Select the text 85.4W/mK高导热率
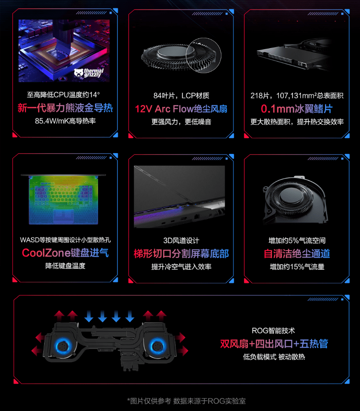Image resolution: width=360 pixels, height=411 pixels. coord(65,121)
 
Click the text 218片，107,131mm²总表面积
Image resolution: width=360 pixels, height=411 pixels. coord(297,95)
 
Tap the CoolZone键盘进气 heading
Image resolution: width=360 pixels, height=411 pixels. coord(65,253)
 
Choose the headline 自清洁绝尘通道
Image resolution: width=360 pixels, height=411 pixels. coord(297,254)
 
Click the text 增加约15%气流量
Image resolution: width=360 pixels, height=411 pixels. coord(297,266)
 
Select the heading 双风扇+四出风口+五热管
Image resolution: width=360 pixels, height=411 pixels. coord(274,344)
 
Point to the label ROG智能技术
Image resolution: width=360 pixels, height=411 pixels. coord(274,331)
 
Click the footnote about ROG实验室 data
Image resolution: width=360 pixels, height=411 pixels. coord(189,401)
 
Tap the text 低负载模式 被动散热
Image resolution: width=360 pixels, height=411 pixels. coord(274,357)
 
